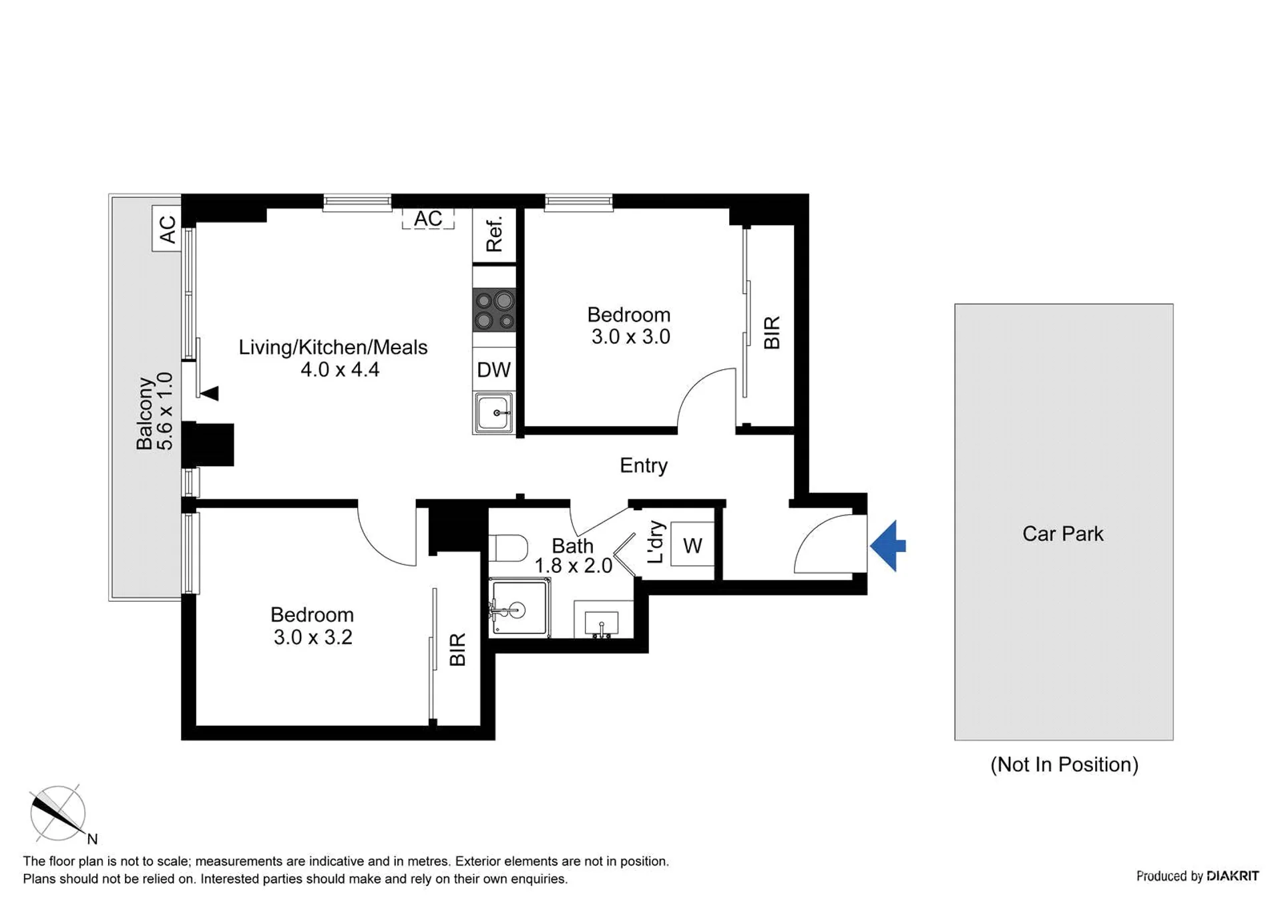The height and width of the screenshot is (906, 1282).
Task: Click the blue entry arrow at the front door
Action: (888, 546)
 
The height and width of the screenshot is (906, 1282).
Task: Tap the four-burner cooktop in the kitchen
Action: (494, 310)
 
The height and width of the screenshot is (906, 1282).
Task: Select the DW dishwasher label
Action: (493, 370)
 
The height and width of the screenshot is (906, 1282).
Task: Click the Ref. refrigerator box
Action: (494, 235)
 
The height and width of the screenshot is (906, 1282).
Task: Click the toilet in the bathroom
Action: (508, 547)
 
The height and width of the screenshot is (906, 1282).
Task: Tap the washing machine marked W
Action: (692, 544)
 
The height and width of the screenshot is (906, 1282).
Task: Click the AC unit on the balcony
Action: (167, 228)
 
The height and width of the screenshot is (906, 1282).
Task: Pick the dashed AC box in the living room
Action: (428, 219)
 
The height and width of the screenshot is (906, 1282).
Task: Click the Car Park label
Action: (1063, 534)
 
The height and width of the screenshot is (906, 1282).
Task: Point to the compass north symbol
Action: (59, 813)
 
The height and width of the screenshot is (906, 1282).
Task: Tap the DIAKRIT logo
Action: (1233, 876)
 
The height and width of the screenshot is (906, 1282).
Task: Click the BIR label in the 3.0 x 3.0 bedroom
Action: (772, 332)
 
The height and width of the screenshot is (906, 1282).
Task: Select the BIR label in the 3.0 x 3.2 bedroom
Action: (457, 650)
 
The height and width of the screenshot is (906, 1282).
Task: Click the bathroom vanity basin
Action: (602, 621)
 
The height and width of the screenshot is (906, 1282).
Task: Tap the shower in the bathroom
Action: (519, 608)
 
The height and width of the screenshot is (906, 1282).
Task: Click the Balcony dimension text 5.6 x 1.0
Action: (164, 411)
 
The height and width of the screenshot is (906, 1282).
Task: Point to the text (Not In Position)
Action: (1064, 764)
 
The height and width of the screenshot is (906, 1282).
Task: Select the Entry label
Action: (644, 465)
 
